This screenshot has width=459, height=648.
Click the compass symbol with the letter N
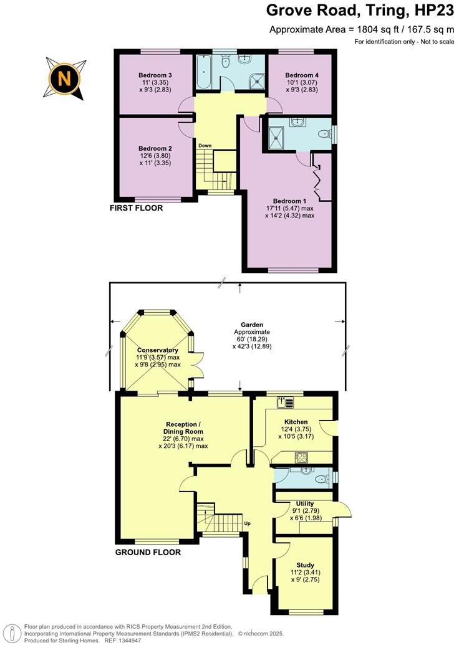click(64, 78)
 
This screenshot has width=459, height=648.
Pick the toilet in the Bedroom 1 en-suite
click(322, 134)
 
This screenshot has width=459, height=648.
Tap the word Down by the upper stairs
click(205, 146)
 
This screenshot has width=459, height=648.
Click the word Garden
click(252, 325)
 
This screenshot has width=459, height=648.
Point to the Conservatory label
click(158, 350)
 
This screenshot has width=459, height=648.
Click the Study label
click(306, 566)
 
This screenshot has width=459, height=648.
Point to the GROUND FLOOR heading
click(148, 552)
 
